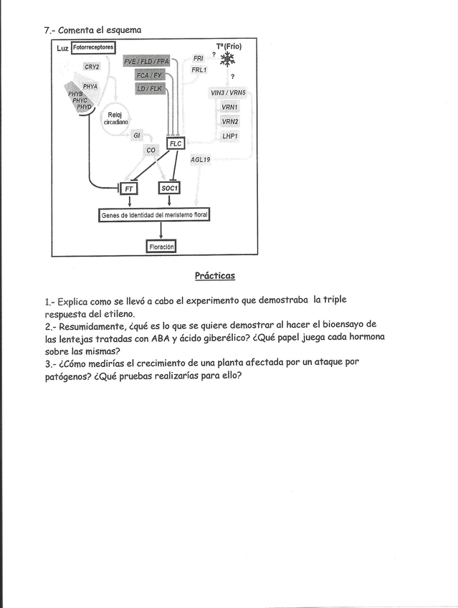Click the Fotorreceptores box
[x=94, y=47]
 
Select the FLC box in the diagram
[x=176, y=143]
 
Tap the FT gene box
[x=129, y=188]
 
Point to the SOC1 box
[x=169, y=188]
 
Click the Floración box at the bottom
[x=161, y=247]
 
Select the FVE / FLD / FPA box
[x=146, y=62]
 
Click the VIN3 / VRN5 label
[x=228, y=93]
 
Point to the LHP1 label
[x=230, y=135]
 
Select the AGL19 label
[x=200, y=159]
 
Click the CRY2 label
[x=92, y=67]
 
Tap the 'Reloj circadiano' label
[x=115, y=118]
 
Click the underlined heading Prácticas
[x=214, y=275]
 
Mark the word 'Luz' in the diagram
[x=62, y=48]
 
